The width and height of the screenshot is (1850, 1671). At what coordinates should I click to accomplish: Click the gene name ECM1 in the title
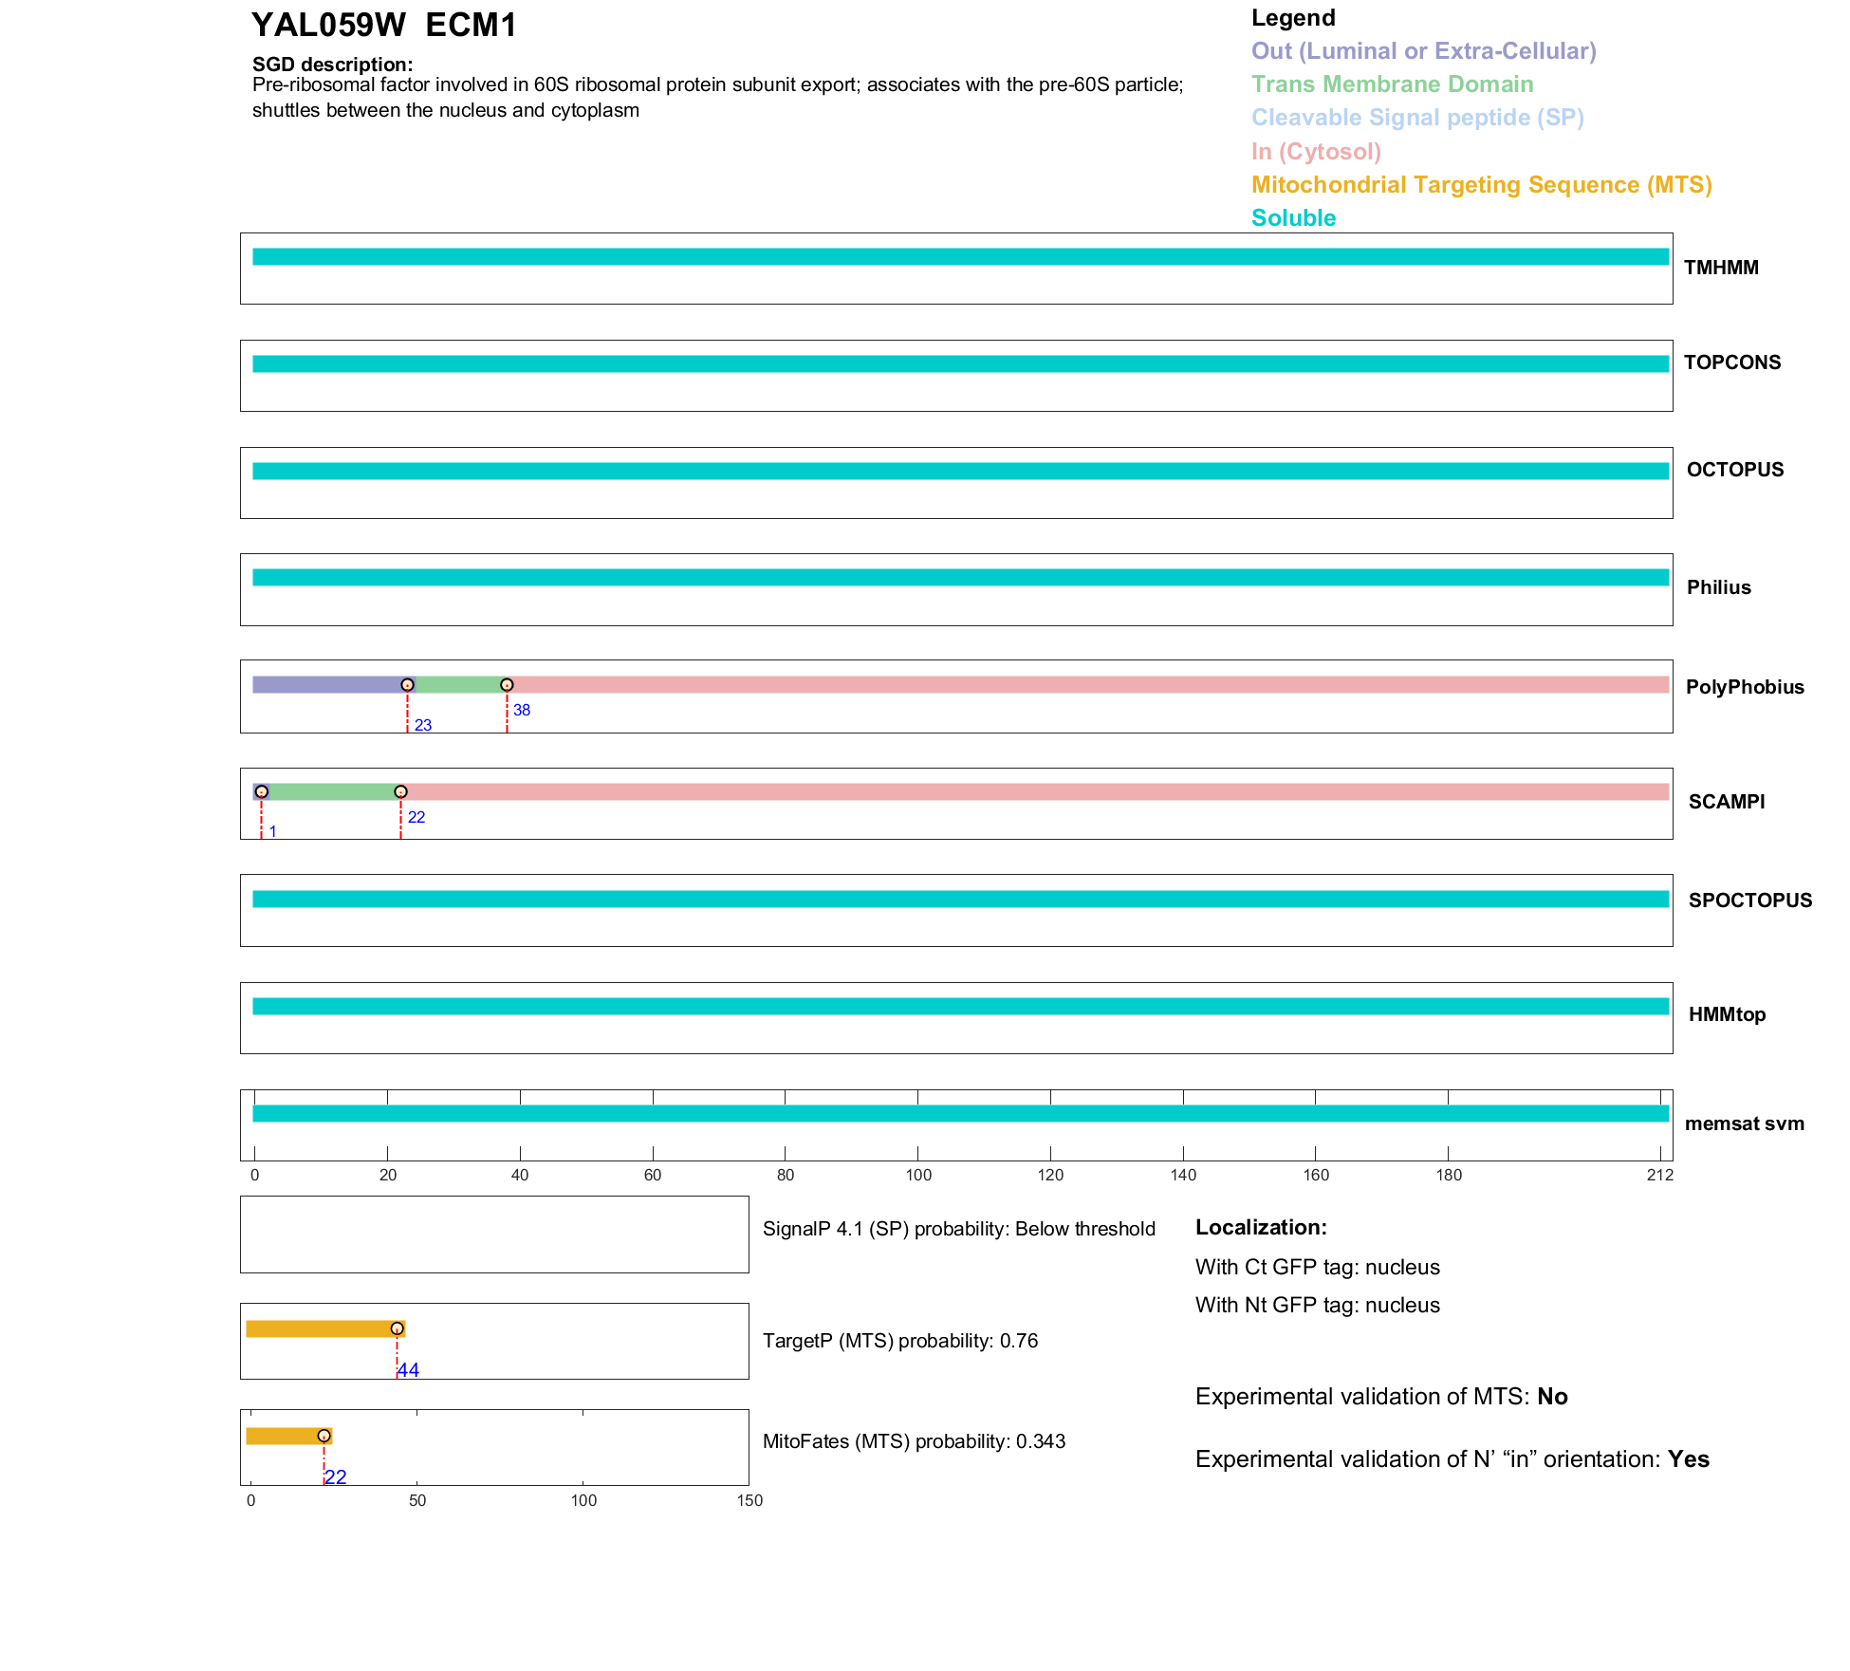471,26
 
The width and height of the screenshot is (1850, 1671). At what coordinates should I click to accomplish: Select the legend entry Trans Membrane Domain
1392,84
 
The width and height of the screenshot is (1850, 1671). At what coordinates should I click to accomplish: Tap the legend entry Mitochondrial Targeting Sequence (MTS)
1481,185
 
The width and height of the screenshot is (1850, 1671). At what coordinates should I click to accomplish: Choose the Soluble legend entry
1293,218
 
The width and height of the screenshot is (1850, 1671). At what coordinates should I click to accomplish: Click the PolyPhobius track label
1744,687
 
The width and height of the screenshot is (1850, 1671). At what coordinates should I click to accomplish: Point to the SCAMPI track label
1726,802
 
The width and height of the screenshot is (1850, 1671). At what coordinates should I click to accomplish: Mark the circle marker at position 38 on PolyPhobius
507,685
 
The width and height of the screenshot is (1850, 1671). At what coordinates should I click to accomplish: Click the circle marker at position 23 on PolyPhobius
407,685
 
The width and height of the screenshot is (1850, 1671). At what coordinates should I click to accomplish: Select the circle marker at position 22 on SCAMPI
400,791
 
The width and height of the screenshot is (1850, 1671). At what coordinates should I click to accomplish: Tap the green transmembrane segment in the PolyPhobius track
460,685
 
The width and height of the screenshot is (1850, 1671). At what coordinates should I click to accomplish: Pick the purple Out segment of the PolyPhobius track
327,685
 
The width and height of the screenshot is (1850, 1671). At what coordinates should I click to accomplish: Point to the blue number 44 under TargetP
408,1370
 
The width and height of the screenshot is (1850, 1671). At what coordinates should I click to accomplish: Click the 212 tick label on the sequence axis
1659,1176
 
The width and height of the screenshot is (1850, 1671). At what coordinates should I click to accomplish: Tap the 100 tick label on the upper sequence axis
917,1176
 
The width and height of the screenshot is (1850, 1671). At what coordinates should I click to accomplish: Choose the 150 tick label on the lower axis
749,1501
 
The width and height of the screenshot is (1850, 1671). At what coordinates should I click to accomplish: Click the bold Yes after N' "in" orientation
1688,1459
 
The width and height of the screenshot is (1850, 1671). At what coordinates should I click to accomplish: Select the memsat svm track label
1744,1124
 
